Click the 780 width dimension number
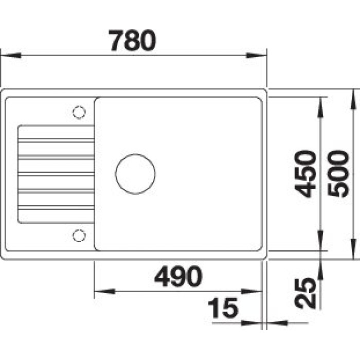click(133, 41)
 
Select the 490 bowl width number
click(178, 276)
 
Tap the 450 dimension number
click(305, 174)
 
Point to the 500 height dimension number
click(338, 174)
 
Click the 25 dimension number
click(305, 293)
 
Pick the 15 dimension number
click(223, 308)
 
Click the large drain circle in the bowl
click(135, 174)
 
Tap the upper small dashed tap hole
click(79, 113)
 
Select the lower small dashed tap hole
click(79, 236)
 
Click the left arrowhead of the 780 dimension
click(11, 56)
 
